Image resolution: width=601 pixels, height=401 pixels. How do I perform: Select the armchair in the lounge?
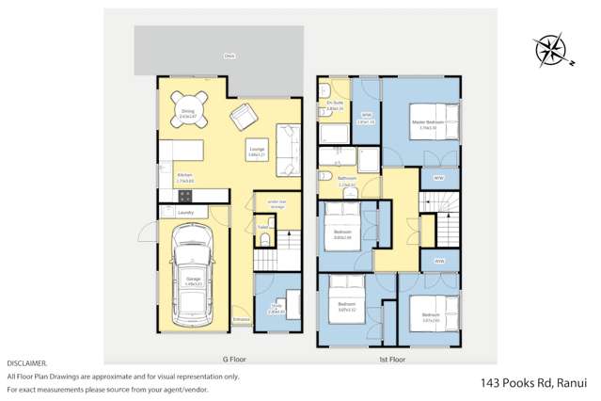244,117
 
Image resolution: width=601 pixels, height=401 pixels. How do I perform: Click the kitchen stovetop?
185,196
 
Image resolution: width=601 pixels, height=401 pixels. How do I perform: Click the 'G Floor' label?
232,359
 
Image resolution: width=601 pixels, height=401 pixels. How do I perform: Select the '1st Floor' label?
391,359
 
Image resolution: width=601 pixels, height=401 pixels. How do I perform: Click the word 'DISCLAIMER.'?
27,362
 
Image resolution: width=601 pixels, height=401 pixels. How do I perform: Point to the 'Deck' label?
229,57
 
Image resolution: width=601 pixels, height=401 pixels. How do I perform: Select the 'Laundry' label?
184,213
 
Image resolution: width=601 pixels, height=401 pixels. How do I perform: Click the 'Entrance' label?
243,320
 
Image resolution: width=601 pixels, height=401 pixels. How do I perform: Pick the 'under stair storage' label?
277,203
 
